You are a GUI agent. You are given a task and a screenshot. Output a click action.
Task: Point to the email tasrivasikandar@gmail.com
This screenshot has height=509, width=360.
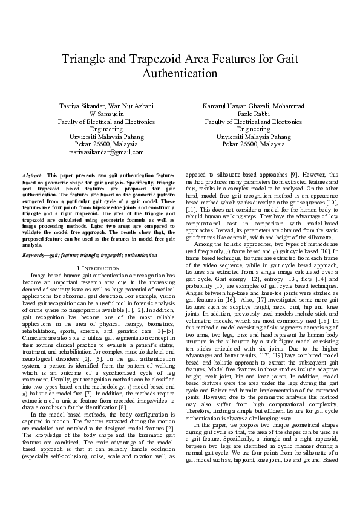point(106,153)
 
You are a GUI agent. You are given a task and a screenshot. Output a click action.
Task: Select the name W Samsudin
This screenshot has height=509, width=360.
point(106,114)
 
